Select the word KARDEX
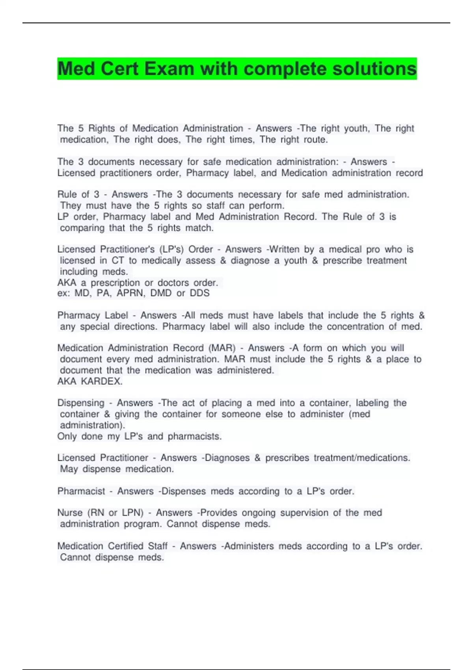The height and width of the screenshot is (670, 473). (x=102, y=382)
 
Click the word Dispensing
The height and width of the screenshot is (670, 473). (x=81, y=403)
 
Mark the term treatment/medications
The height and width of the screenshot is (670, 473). (x=362, y=458)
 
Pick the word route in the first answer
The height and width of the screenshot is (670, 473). (x=315, y=140)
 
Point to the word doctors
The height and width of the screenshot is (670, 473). (x=173, y=283)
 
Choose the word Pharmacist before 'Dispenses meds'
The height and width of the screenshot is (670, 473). (x=81, y=491)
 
